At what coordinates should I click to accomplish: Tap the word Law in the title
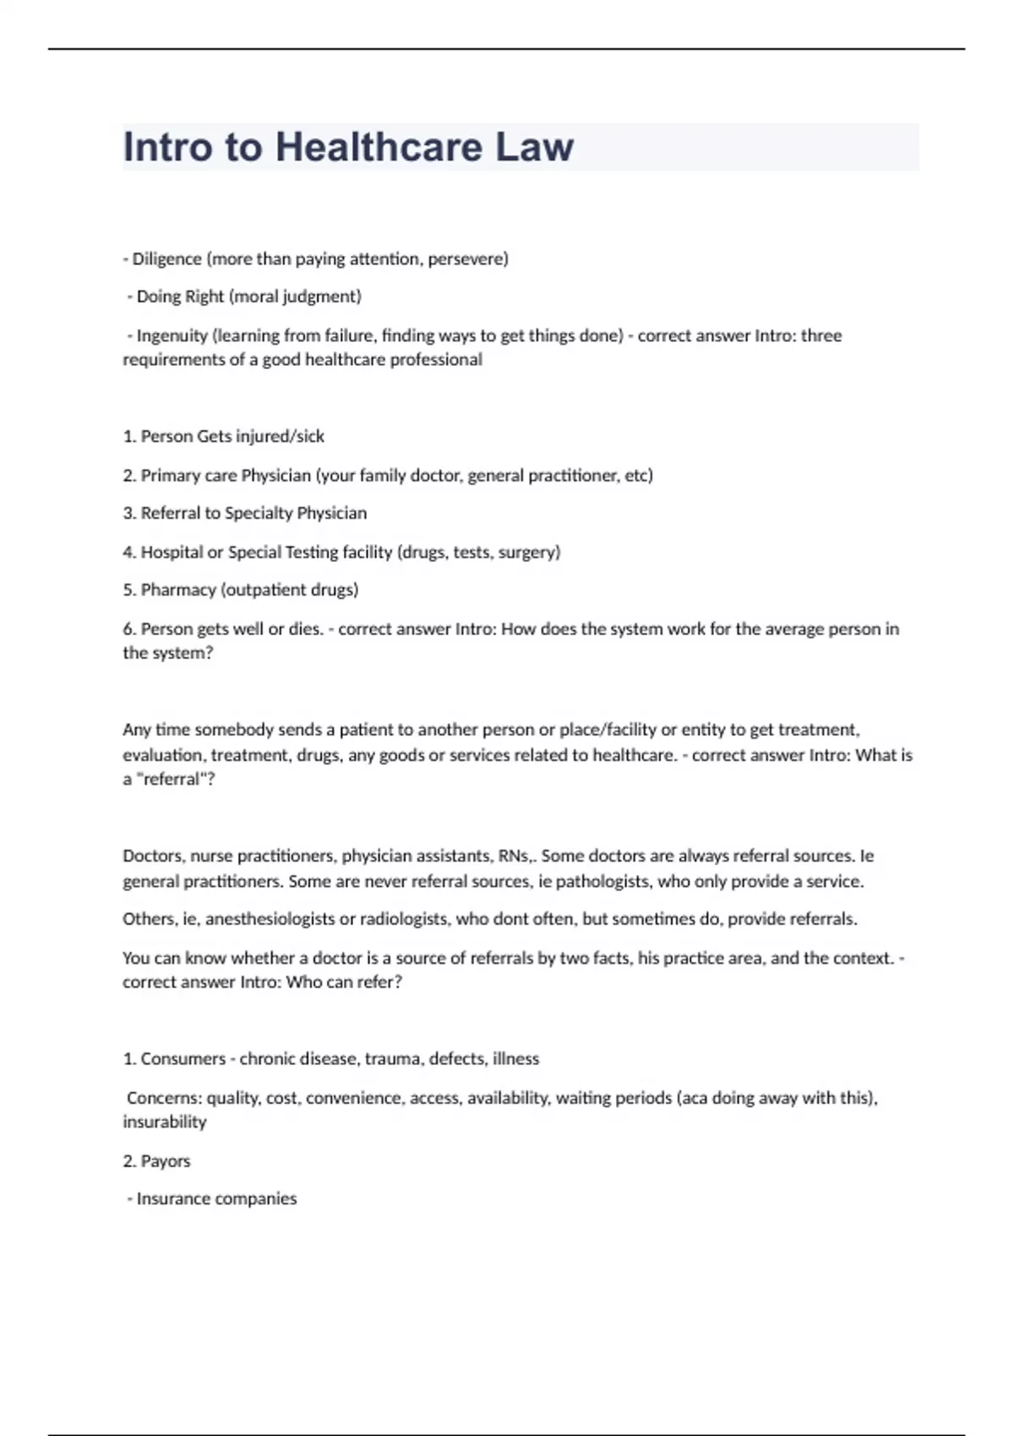534,147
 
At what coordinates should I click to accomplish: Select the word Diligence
166,258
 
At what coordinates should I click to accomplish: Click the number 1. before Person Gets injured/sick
129,437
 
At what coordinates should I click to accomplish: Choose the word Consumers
183,1058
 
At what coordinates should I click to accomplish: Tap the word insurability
165,1122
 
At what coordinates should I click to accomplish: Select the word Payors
166,1161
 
